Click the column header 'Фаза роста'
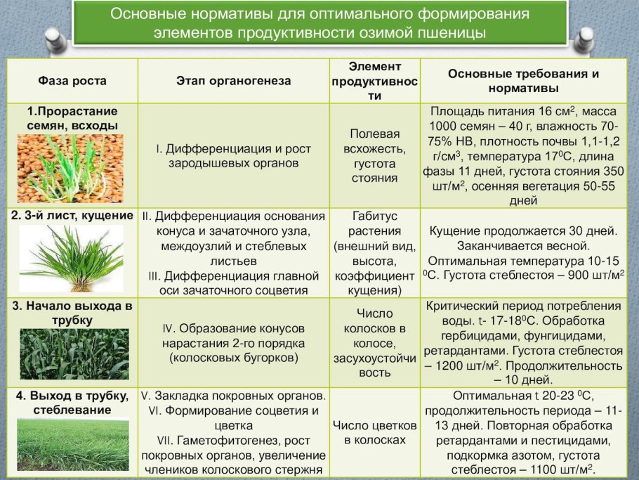(x=72, y=81)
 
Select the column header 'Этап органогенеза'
(x=233, y=81)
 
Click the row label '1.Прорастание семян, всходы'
(x=72, y=118)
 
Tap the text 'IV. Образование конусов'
(x=233, y=328)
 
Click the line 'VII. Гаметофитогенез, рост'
(x=233, y=441)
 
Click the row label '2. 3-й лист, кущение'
(x=72, y=216)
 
